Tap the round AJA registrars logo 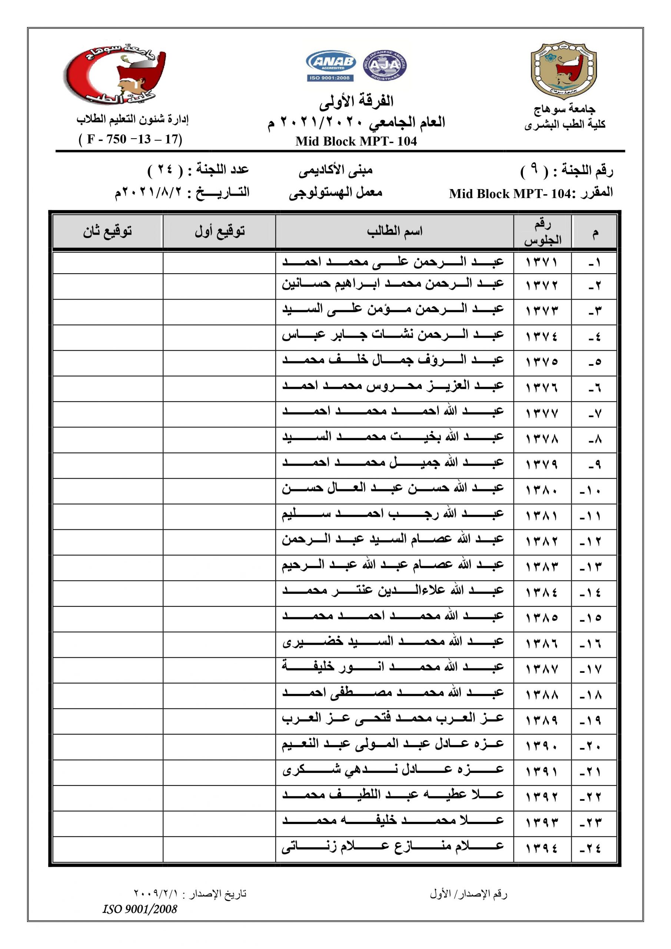[x=385, y=65]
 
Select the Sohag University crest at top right [x=564, y=70]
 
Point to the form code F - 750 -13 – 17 [x=130, y=139]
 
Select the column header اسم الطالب [x=395, y=231]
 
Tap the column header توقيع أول [x=219, y=231]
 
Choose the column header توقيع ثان [x=107, y=231]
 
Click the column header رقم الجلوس [x=542, y=232]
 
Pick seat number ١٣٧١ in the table [x=542, y=262]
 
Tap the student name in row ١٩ [x=393, y=720]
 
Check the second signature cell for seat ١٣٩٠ [x=108, y=747]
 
